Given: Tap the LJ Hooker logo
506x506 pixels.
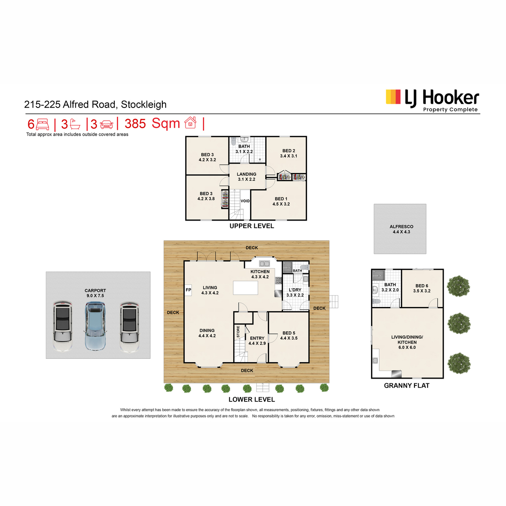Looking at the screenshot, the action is pyautogui.click(x=432, y=101).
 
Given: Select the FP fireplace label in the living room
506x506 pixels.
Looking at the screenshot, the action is pyautogui.click(x=188, y=290).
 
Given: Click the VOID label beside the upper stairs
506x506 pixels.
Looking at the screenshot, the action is pyautogui.click(x=245, y=201).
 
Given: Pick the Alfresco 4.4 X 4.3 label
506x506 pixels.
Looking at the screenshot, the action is pyautogui.click(x=401, y=229).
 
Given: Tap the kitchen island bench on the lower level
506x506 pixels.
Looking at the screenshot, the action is pyautogui.click(x=245, y=288).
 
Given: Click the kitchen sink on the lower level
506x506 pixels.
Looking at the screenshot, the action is pyautogui.click(x=264, y=264).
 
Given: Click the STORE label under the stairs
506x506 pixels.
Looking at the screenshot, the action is pyautogui.click(x=238, y=332).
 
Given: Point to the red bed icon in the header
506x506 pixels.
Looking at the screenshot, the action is pyautogui.click(x=43, y=124).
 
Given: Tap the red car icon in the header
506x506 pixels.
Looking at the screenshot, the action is pyautogui.click(x=107, y=124).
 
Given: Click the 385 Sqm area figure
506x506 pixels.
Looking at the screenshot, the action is pyautogui.click(x=152, y=124).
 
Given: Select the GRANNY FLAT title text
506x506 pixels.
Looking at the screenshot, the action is pyautogui.click(x=406, y=385).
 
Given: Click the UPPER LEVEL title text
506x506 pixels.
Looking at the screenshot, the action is pyautogui.click(x=252, y=226).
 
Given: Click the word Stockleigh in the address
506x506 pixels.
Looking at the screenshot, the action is pyautogui.click(x=143, y=105).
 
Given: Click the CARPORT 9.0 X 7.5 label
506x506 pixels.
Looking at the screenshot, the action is pyautogui.click(x=95, y=293).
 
